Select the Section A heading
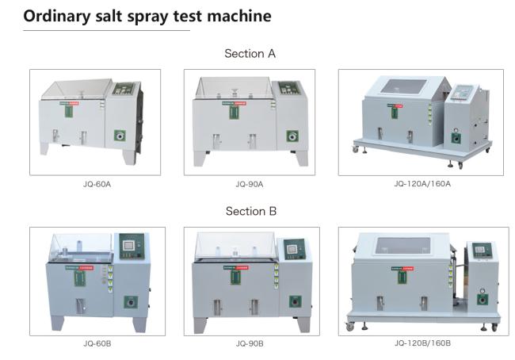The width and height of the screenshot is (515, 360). [x=250, y=53]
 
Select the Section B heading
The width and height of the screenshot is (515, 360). [x=250, y=211]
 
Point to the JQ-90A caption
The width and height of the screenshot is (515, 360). [x=249, y=184]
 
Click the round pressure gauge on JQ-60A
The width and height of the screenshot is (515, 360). [x=120, y=134]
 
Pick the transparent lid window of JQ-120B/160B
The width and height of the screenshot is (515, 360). [x=408, y=248]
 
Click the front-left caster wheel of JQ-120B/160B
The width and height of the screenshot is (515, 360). [x=351, y=327]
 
